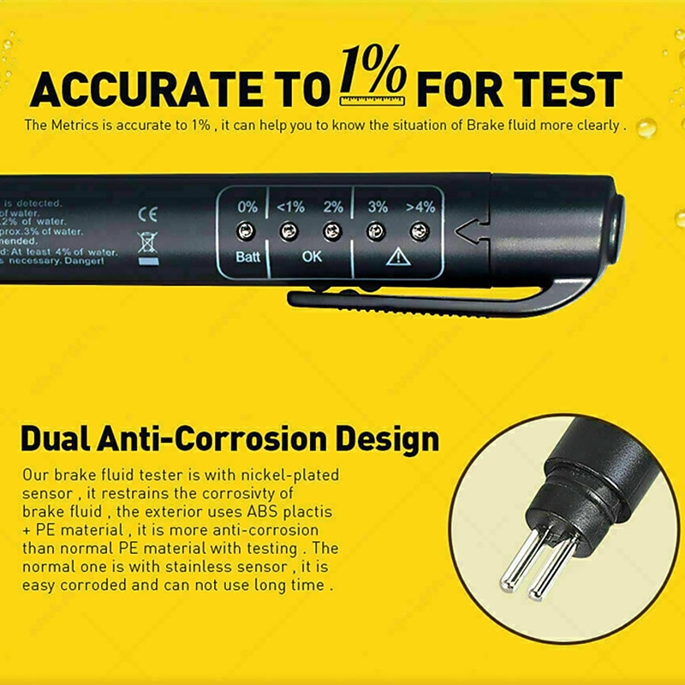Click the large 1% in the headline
tap(373, 72)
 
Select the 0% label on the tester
tap(247, 206)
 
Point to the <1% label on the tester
tap(290, 206)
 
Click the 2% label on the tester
tap(333, 206)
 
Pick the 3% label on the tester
tap(378, 206)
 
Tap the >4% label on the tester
tap(420, 206)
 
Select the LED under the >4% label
tap(419, 230)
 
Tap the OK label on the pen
tap(312, 256)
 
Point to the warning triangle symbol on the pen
tap(398, 257)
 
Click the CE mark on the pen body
tap(147, 213)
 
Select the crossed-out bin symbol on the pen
tap(147, 244)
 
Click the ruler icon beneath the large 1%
tap(372, 100)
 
